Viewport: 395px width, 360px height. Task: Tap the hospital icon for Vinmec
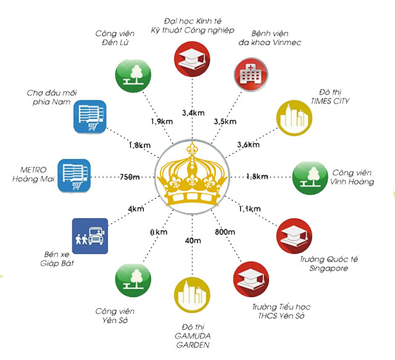pyautogui.click(x=251, y=74)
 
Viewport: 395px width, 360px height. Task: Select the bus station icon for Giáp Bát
pyautogui.click(x=90, y=236)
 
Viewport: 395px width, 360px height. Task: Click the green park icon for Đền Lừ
pyautogui.click(x=133, y=76)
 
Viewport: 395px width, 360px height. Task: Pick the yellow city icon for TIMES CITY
pyautogui.click(x=294, y=118)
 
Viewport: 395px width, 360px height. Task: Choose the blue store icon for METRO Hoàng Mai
pyautogui.click(x=74, y=176)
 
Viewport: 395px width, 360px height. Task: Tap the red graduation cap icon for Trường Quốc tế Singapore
pyautogui.click(x=294, y=236)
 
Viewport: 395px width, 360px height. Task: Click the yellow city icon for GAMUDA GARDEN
pyautogui.click(x=192, y=295)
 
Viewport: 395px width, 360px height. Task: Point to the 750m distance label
pyautogui.click(x=130, y=177)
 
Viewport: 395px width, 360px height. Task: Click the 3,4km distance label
pyautogui.click(x=193, y=113)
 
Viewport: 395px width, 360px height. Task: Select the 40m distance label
pyautogui.click(x=193, y=241)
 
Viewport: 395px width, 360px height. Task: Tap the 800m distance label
pyautogui.click(x=225, y=232)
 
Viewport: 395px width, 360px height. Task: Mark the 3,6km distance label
pyautogui.click(x=248, y=145)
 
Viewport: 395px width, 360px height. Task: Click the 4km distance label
pyautogui.click(x=136, y=209)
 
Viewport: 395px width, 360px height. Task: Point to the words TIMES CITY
pyautogui.click(x=330, y=101)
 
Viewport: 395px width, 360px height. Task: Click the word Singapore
pyautogui.click(x=329, y=268)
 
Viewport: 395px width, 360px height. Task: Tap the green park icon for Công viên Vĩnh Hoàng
pyautogui.click(x=310, y=178)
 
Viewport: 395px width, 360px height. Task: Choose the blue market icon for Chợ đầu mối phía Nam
pyautogui.click(x=90, y=117)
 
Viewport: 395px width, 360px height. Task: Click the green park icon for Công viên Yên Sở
pyautogui.click(x=133, y=280)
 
